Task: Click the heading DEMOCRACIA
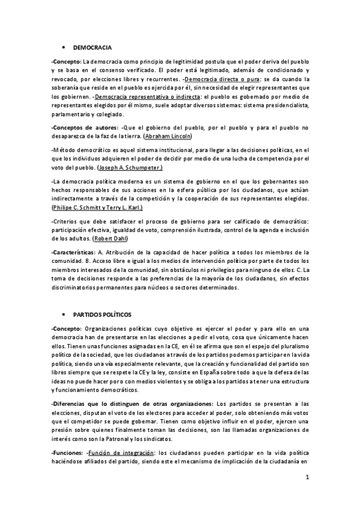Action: click(x=91, y=46)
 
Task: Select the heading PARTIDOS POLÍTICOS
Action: click(x=102, y=315)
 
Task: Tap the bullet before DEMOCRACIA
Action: click(x=64, y=46)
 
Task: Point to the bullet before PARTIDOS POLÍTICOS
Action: click(x=64, y=315)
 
